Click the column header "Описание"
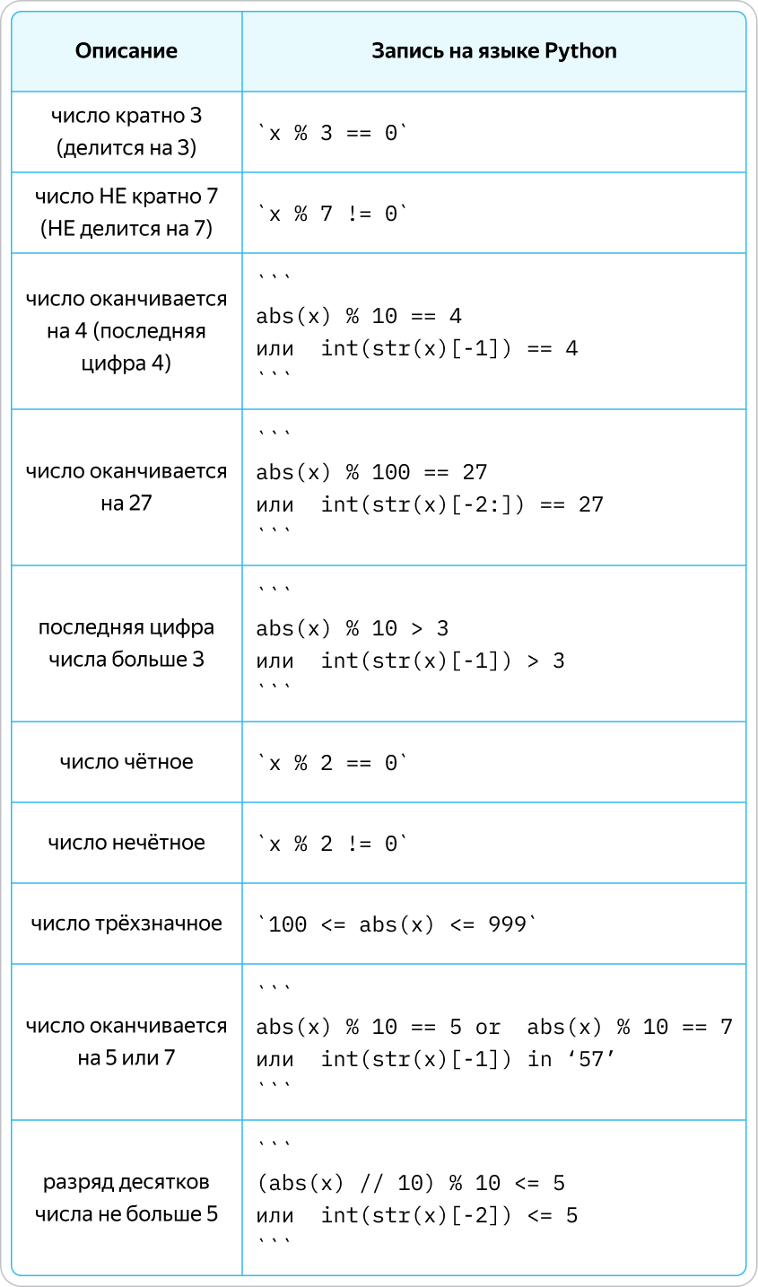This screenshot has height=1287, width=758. [x=126, y=51]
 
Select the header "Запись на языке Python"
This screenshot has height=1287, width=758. [x=494, y=51]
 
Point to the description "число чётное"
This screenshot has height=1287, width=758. [x=126, y=762]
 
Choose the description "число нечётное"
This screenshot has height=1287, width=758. [x=126, y=843]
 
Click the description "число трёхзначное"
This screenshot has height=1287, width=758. [x=126, y=924]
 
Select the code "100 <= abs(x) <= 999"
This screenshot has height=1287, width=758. [x=397, y=924]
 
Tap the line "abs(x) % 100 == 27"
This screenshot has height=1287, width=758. [x=371, y=472]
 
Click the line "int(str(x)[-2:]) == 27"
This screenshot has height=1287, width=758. [x=462, y=504]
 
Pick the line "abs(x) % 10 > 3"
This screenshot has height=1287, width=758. [x=352, y=628]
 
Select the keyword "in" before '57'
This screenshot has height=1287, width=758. [x=539, y=1059]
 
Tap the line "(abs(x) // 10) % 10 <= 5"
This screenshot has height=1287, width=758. [x=411, y=1183]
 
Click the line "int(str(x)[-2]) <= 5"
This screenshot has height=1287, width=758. [x=449, y=1215]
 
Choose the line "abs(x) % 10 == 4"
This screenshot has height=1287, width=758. [x=359, y=316]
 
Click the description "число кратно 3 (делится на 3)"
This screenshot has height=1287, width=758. [x=126, y=132]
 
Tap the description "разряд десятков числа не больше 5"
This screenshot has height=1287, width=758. [x=126, y=1198]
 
